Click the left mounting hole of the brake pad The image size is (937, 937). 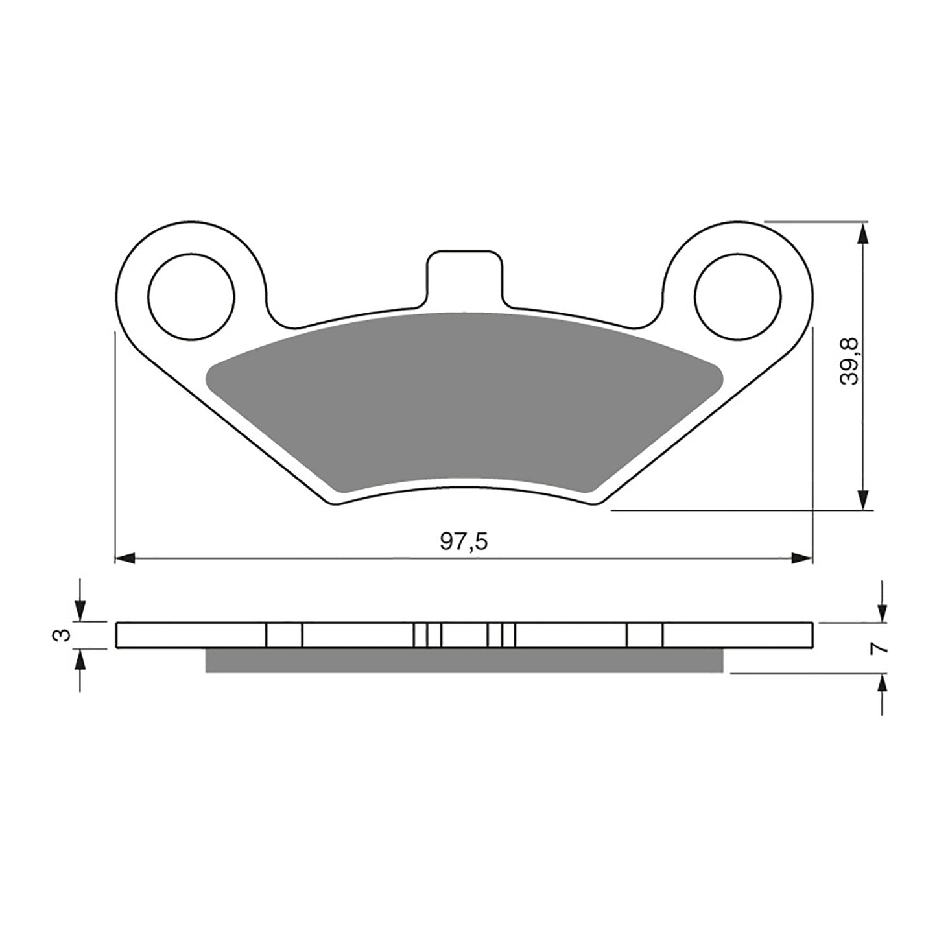(x=191, y=297)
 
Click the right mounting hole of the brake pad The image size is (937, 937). (x=737, y=297)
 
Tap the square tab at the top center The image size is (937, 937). (x=463, y=276)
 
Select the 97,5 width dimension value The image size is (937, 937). (x=463, y=542)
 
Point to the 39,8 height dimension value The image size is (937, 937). (x=849, y=361)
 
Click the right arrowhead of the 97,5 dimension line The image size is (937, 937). (x=802, y=558)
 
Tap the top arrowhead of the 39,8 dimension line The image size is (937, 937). (x=862, y=233)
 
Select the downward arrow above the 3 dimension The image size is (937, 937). (x=79, y=610)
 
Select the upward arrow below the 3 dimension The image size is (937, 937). (x=79, y=660)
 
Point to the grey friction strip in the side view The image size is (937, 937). (x=464, y=660)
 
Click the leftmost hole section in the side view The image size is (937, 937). (x=284, y=635)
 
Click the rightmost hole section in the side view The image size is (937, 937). (x=645, y=635)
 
